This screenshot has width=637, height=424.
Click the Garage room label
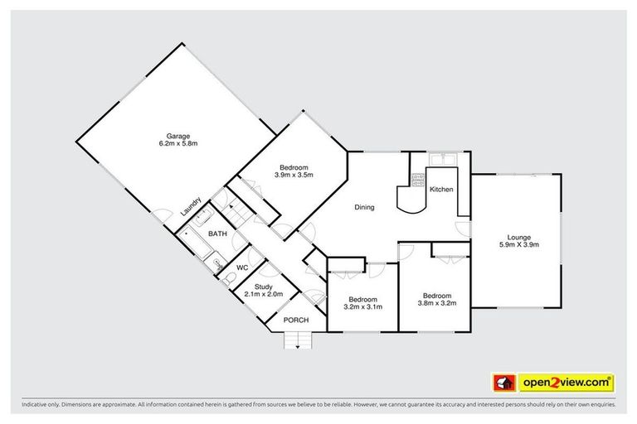coord(178,136)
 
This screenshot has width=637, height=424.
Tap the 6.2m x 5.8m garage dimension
coord(178,144)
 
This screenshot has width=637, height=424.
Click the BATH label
coord(217,234)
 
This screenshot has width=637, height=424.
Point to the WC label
coord(243,267)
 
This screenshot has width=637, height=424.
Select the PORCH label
coord(295,320)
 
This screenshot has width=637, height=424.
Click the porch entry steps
coord(298,340)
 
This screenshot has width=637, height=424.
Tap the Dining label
coord(365,207)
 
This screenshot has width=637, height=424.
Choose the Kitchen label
coord(441,190)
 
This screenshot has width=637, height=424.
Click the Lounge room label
coord(520,237)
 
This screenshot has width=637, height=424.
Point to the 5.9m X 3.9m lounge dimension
coord(520,244)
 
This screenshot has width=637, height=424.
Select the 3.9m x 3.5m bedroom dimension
coord(294,175)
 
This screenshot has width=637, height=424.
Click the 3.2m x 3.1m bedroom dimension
coord(362,306)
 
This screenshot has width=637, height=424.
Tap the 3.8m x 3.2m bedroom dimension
coord(436,303)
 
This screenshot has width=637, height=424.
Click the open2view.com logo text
coord(566,383)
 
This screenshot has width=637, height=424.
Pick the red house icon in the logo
coord(501,383)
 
